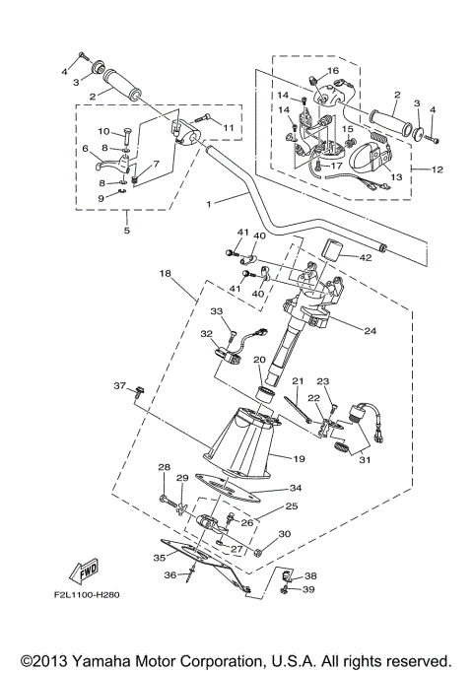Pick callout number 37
point(120,385)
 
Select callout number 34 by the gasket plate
point(296,487)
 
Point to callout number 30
point(285,534)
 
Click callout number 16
point(333,71)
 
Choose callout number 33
point(217,310)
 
